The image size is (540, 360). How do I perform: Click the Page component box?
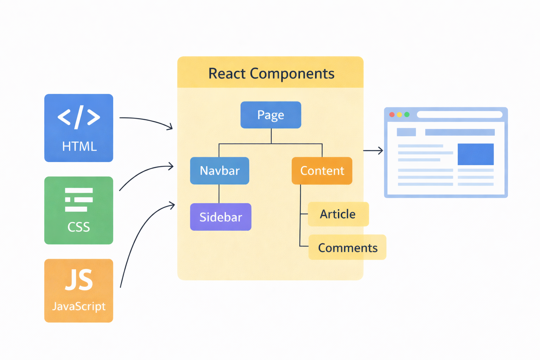[271, 115]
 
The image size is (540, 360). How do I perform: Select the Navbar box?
[219, 171]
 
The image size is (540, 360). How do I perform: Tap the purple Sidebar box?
[220, 217]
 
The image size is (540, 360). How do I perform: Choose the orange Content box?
[322, 171]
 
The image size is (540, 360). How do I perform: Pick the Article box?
[338, 214]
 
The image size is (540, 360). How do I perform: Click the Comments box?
[347, 247]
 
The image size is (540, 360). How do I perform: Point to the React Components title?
[271, 73]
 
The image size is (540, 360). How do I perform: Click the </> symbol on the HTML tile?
[79, 117]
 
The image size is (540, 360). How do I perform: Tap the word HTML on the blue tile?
[79, 146]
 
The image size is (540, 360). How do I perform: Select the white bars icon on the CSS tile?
[79, 200]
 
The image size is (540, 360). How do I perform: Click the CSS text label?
[79, 227]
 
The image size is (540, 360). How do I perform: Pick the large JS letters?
[79, 280]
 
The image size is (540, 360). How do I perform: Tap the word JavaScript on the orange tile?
[79, 307]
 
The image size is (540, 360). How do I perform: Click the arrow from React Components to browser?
[373, 150]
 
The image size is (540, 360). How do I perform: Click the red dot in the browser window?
[392, 115]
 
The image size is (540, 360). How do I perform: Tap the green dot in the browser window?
[407, 115]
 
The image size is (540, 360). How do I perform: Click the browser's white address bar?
[459, 115]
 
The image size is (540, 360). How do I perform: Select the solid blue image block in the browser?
[475, 154]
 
